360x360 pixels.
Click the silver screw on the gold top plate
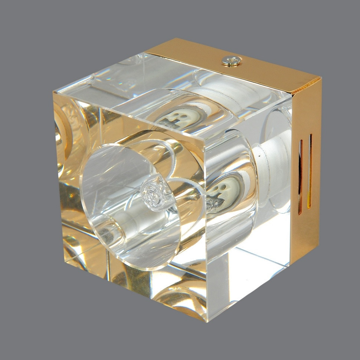point(232,61)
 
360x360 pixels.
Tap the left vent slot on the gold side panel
point(301,177)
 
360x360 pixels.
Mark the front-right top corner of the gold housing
point(321,79)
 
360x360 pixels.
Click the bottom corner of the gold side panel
point(290,265)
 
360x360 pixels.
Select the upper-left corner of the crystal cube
point(54,92)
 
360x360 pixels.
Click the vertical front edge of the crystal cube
point(206,230)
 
